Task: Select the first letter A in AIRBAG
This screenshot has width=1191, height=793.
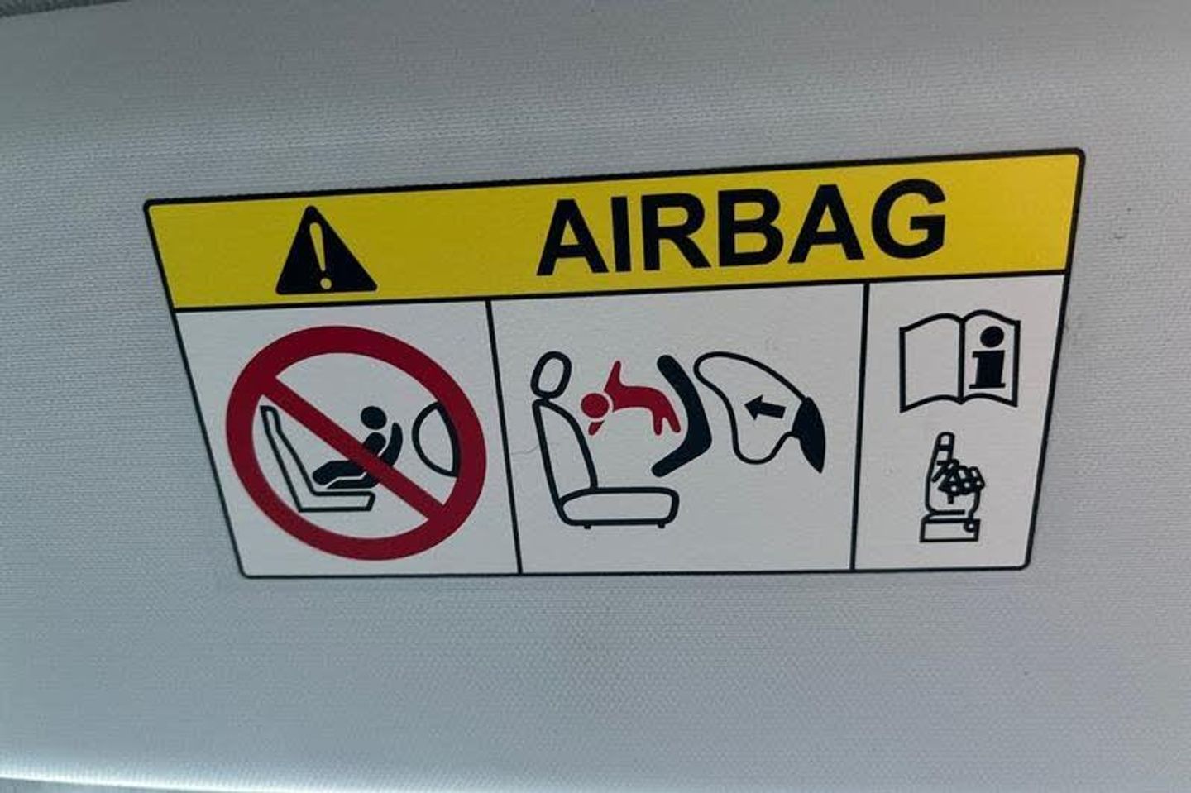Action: click(575, 238)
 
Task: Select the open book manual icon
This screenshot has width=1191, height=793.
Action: click(959, 361)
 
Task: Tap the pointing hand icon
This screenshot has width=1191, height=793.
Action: click(952, 487)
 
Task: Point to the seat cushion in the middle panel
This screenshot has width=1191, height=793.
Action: click(620, 507)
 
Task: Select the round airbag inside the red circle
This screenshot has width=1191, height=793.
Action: click(436, 439)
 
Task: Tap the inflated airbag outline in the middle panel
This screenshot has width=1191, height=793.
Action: click(755, 404)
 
